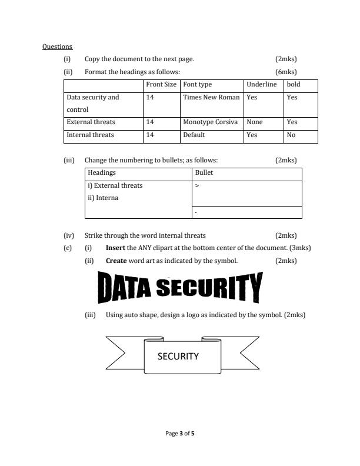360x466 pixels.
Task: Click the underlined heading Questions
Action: [57, 46]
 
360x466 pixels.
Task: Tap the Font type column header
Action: [197, 85]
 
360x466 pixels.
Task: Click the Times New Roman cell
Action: [211, 97]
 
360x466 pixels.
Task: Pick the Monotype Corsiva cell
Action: [210, 122]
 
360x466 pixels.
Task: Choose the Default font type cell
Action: [194, 135]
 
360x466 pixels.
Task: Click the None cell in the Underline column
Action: [255, 122]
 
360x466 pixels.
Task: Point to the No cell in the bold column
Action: [291, 135]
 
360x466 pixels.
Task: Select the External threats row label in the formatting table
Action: [91, 122]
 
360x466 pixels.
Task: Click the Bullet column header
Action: [204, 173]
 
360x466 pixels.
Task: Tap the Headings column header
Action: [102, 173]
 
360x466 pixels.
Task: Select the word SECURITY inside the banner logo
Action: [178, 356]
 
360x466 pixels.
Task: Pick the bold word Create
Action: [116, 260]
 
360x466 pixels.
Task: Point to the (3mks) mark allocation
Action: [300, 248]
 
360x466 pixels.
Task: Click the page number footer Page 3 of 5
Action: [180, 434]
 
